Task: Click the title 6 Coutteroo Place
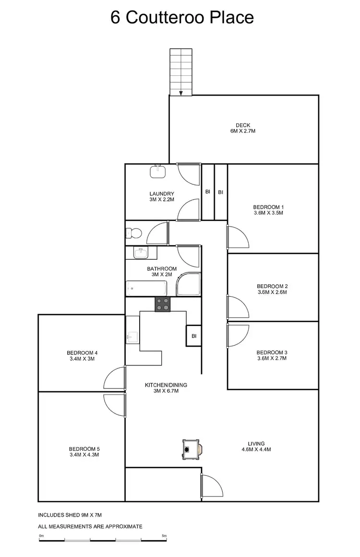[x=182, y=18]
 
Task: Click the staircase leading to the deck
[x=180, y=72]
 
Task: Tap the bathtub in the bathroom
[x=146, y=289]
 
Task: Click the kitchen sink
[x=132, y=337]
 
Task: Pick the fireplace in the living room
[x=192, y=450]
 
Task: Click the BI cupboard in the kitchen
[x=193, y=336]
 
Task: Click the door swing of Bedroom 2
[x=238, y=307]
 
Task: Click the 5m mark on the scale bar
[x=165, y=536]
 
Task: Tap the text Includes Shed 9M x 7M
[x=77, y=515]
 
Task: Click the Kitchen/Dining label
[x=166, y=385]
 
